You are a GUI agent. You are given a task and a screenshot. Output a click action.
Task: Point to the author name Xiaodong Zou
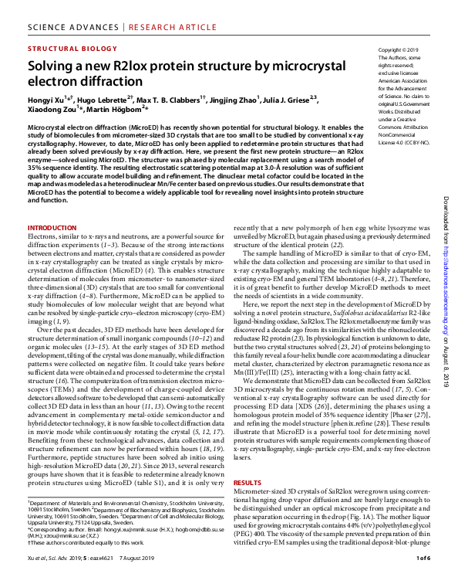pos(52,110)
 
